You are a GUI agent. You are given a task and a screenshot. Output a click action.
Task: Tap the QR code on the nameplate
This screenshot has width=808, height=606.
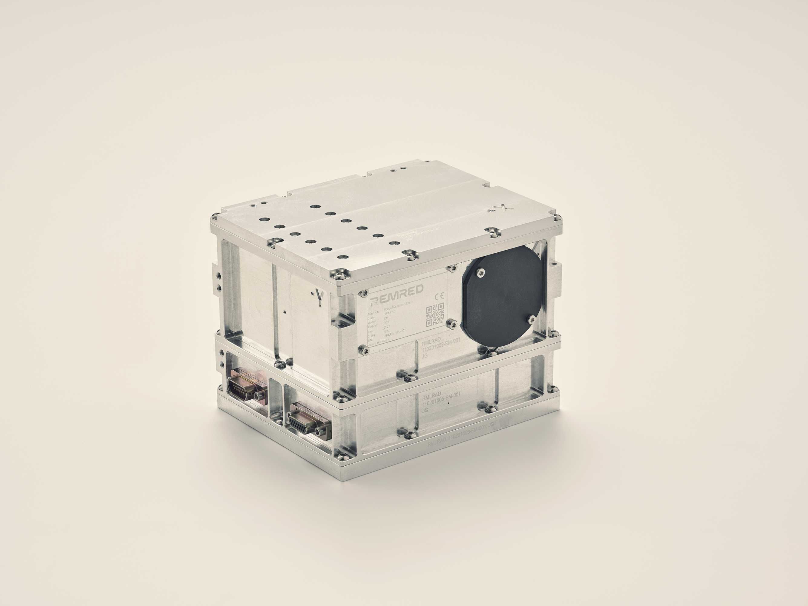tap(435, 315)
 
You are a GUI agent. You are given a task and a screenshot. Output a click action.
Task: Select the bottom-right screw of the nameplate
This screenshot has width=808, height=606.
tap(452, 322)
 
